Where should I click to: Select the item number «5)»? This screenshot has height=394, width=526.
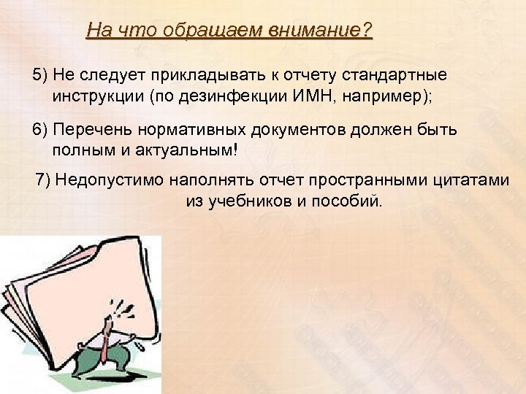tap(39, 75)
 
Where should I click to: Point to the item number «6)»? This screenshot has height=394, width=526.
tap(39, 130)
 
